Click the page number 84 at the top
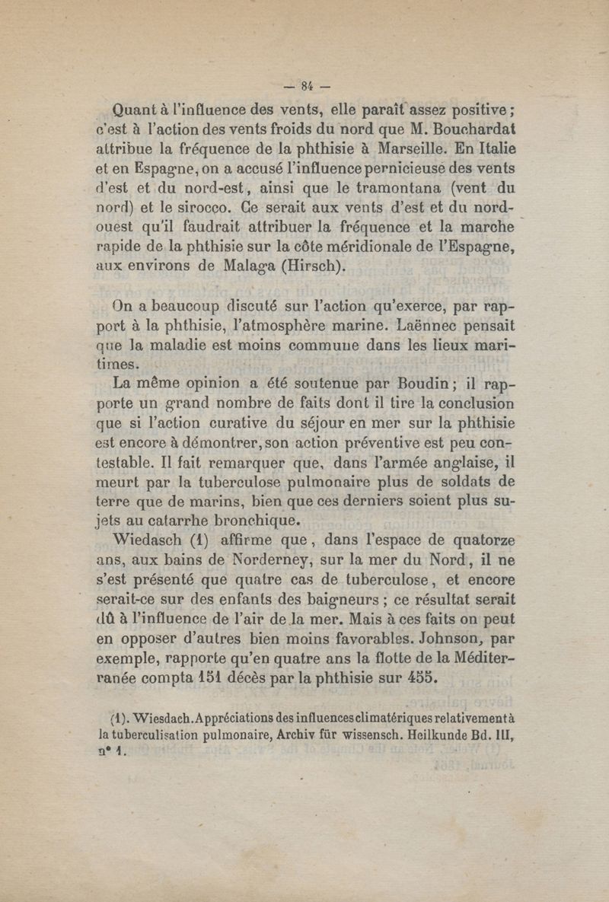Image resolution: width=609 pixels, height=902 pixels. point(307,84)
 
